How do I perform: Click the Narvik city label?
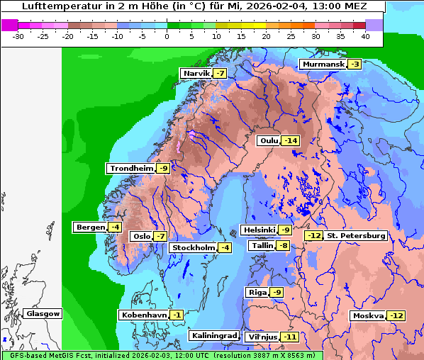196,74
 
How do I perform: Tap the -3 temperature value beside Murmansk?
355,64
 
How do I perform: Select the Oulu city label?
269,141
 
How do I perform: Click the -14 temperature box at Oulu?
290,141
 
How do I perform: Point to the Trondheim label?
131,169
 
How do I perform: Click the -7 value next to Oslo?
160,237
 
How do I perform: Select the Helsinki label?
259,230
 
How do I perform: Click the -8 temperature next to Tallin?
284,246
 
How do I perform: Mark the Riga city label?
257,293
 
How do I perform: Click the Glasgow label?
43,314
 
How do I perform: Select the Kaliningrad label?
213,336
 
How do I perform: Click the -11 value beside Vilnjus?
289,337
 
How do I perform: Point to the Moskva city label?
368,316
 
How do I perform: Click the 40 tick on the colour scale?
365,35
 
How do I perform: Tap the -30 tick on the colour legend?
18,35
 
